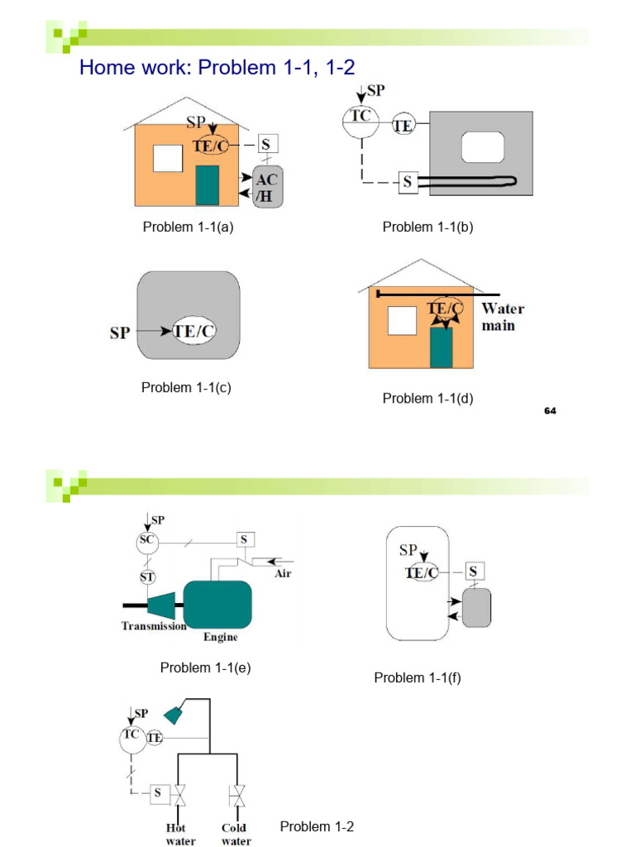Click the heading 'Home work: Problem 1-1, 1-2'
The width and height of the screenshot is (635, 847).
(217, 68)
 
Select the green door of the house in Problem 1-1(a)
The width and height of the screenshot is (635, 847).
(207, 185)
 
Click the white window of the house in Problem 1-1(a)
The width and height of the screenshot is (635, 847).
(168, 158)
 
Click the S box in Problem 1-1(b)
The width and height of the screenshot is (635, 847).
(407, 182)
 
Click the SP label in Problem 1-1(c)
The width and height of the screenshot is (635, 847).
(121, 333)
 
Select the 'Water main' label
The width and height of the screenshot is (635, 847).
(503, 317)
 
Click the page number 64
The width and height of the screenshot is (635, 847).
(550, 410)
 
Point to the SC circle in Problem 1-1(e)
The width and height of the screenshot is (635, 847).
(147, 540)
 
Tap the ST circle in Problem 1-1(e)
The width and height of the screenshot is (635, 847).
(147, 576)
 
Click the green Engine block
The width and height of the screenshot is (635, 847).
(217, 605)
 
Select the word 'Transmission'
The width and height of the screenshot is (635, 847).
(154, 626)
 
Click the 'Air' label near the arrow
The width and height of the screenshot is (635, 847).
(283, 574)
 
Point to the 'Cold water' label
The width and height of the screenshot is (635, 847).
(235, 835)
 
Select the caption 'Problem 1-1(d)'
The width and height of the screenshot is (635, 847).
(427, 399)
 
